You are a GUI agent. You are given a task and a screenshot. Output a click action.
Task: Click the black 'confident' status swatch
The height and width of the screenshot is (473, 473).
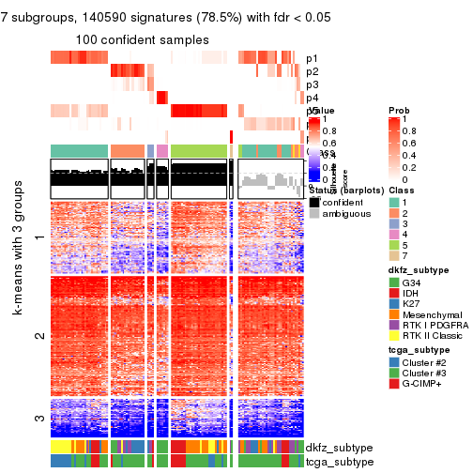point(314,202)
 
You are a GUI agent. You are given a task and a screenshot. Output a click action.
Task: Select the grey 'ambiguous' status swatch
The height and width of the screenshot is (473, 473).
point(314,214)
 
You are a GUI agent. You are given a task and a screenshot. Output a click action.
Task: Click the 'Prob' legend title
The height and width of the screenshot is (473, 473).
point(399,111)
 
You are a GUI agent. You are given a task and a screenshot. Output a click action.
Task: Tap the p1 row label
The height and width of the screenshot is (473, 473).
point(312,58)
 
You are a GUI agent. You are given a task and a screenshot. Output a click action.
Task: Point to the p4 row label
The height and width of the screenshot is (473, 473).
point(312,98)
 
